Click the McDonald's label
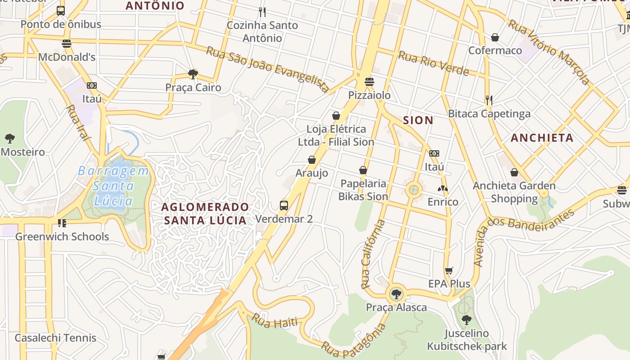pos(67,57)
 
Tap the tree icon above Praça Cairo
pos(193,74)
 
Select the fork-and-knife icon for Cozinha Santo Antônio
pos(262,12)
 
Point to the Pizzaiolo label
pos(369,95)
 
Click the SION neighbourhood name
pos(418,120)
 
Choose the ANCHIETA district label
pos(542,138)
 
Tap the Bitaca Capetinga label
pos(489,114)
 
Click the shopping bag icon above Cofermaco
pos(495,37)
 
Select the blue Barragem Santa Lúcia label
pos(113,185)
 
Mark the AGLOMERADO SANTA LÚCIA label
pos(205,213)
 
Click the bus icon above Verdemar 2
pos(283,206)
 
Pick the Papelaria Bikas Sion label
pos(363,190)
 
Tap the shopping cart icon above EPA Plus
pos(449,270)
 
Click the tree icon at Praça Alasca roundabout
pos(396,294)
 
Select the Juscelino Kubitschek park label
pos(467,340)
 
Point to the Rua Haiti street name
pos(274,321)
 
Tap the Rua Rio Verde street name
pos(433,63)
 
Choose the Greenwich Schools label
pos(62,237)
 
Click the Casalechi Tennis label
pos(55,338)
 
